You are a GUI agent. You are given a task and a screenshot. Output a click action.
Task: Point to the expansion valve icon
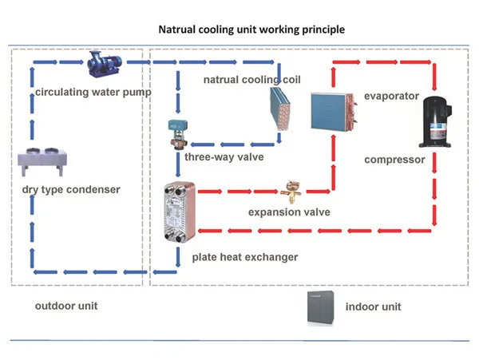pos(289,192)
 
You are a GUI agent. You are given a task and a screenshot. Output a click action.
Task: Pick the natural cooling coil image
pos(283,108)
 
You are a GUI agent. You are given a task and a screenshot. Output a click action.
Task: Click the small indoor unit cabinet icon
pos(319,307)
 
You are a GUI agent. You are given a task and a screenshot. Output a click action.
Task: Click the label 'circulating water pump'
pos(93,92)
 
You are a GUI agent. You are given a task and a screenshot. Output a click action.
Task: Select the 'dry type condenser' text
pos(71,189)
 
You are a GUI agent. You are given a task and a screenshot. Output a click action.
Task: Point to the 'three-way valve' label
pos(224,156)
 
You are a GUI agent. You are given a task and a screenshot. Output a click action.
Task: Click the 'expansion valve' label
pos(289,212)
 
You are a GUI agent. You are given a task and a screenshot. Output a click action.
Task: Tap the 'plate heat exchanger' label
pos(244,257)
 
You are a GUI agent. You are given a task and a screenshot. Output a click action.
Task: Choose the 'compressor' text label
pos(394,160)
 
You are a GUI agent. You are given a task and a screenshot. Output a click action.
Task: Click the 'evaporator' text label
pos(391,96)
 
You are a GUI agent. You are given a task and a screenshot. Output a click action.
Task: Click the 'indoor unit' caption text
pos(373,307)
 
